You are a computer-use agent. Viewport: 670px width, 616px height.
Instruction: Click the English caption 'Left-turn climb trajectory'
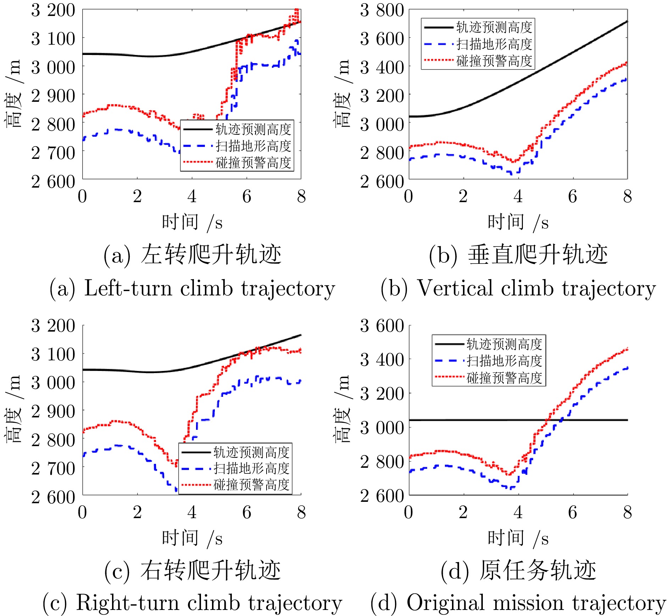pos(192,288)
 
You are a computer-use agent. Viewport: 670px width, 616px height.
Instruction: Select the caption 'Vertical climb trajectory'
pos(518,288)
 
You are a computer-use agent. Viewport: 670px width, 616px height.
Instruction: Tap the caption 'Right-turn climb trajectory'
pos(192,603)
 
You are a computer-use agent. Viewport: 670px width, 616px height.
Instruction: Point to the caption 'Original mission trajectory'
pos(518,603)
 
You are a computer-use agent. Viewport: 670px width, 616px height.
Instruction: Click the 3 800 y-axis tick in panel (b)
pos(382,10)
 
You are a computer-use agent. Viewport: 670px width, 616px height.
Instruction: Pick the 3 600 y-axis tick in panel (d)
pos(382,326)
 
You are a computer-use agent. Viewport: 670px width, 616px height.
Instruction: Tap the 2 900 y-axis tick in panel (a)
pos(53,96)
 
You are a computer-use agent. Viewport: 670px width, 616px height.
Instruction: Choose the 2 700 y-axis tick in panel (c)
pos(53,469)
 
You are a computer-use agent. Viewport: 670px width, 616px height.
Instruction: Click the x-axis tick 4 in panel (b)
pos(518,196)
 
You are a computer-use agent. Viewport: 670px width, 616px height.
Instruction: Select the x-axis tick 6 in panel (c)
pos(247,512)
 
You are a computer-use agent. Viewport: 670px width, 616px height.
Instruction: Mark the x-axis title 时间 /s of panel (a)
pos(192,222)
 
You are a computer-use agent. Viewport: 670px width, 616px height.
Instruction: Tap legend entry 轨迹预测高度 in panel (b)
pos(494,27)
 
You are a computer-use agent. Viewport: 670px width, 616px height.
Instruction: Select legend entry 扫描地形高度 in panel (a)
pos(253,146)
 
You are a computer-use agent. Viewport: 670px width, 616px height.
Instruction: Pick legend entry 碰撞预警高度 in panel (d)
pos(504,378)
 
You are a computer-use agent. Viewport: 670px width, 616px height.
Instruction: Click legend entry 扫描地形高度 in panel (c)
pos(251,468)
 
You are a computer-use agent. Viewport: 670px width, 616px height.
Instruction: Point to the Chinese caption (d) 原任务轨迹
pos(518,571)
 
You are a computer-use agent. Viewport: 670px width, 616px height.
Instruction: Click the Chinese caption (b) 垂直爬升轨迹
pos(518,255)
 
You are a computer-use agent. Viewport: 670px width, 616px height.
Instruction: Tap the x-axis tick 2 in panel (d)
pos(463,512)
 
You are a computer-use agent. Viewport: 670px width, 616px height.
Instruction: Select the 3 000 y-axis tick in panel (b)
pos(382,124)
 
